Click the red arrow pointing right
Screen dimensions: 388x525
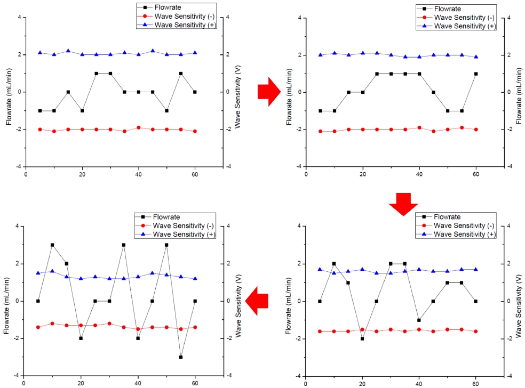point(267,92)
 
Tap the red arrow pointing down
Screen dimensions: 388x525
point(400,203)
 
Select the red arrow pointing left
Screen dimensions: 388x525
point(257,300)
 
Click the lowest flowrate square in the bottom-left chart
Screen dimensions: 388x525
point(181,357)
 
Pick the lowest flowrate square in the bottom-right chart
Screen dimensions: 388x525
point(362,338)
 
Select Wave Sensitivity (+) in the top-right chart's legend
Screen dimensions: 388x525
point(463,26)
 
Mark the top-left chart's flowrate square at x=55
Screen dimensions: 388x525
point(181,74)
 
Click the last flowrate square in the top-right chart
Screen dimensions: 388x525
point(476,74)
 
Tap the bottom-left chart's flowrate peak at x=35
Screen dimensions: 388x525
point(124,245)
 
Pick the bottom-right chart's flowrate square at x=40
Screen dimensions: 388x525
point(419,320)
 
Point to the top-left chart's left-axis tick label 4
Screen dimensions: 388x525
point(19,18)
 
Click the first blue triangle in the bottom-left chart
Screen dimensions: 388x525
point(38,273)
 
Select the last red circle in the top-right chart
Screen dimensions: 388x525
point(476,130)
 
